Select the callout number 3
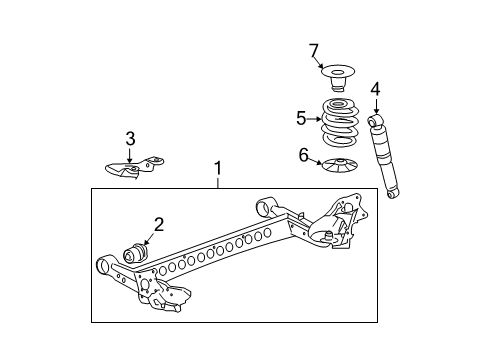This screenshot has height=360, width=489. point(129,138)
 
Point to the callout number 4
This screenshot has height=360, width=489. point(375,91)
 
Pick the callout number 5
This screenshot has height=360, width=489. point(300,117)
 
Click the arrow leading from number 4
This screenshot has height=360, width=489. point(375,105)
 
